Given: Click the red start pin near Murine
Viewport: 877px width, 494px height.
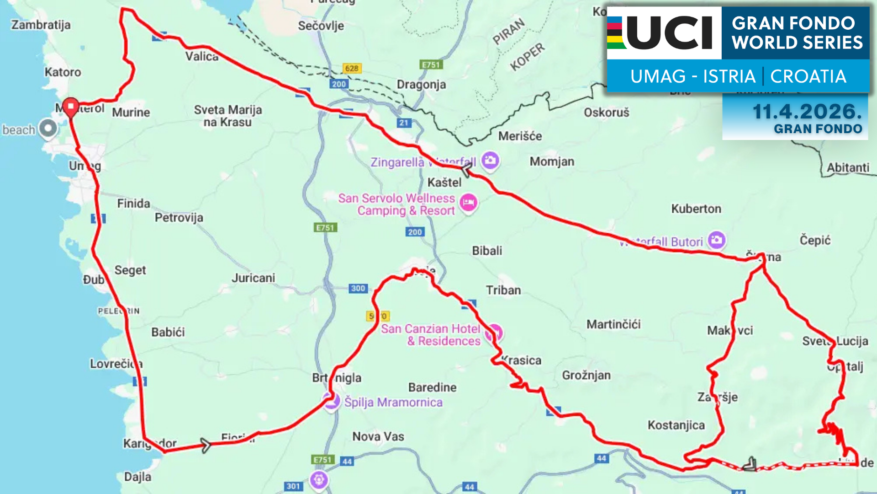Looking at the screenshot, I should (71, 107).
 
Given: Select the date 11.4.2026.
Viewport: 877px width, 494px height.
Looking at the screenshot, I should (807, 112).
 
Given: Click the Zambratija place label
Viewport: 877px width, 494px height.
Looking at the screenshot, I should (41, 25).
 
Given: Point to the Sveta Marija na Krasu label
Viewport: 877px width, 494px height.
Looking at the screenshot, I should (227, 116).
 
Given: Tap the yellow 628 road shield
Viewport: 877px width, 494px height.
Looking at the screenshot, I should (352, 69).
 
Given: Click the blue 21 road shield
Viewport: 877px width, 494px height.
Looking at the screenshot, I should (404, 123).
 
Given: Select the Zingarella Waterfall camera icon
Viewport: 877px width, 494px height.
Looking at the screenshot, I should (490, 160).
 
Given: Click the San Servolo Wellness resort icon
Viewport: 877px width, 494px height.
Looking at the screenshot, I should (468, 202).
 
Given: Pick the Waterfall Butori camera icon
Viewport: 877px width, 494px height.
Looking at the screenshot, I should (716, 240).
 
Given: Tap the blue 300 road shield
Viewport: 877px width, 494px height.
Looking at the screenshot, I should (358, 288).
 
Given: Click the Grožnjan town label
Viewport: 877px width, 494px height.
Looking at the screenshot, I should (586, 375).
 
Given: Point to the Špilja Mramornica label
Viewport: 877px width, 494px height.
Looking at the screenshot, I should (393, 402).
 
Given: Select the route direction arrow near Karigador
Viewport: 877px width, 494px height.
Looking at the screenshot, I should (205, 445).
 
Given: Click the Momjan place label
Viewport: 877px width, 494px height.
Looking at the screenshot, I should (552, 161).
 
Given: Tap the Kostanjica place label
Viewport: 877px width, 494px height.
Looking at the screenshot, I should (676, 425).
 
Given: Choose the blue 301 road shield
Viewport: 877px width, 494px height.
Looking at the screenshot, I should (293, 486).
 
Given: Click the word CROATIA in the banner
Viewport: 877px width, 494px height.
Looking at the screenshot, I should (808, 76).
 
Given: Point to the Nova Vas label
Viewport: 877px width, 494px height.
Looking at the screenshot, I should (378, 436).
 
